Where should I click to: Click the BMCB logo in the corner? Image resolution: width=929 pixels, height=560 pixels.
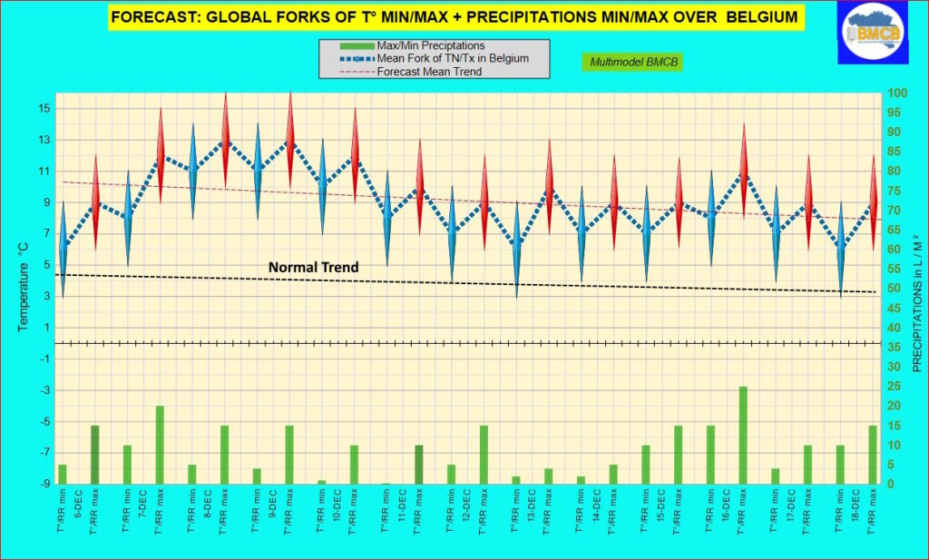[877, 34]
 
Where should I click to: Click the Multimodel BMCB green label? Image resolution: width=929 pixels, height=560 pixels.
[632, 62]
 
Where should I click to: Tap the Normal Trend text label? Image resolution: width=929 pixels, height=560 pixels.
[313, 267]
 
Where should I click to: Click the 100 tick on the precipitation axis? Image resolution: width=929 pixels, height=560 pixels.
[895, 93]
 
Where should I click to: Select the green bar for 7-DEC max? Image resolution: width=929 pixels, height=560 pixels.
[160, 445]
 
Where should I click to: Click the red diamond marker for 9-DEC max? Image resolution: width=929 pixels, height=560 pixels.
[290, 141]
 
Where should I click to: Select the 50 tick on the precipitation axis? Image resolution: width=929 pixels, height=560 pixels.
[895, 289]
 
